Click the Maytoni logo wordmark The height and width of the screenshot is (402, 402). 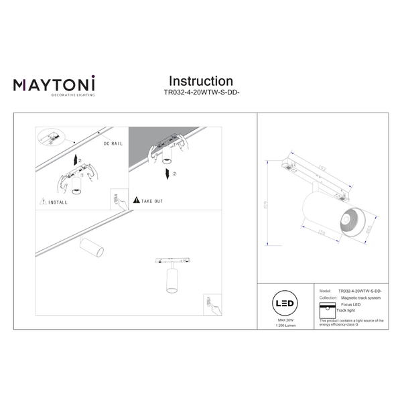54,85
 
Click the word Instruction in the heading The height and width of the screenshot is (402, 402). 200,82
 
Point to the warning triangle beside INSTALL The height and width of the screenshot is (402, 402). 43,200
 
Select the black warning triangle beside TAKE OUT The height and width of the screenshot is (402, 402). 137,200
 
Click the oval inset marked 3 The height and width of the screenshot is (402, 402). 48,137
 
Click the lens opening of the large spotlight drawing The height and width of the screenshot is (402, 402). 348,222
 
